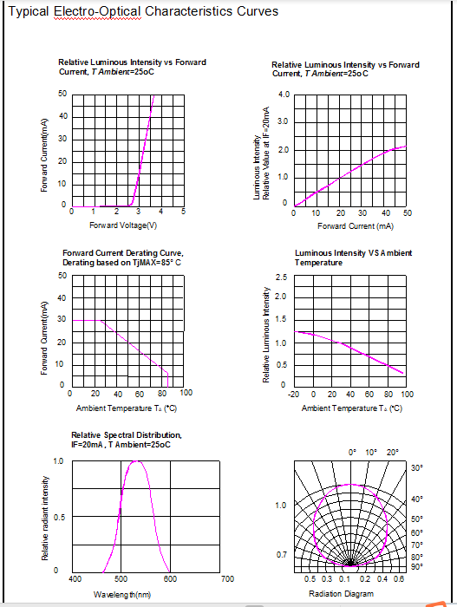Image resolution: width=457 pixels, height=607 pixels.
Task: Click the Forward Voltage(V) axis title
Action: click(123, 225)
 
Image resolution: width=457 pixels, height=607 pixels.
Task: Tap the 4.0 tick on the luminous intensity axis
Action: click(284, 95)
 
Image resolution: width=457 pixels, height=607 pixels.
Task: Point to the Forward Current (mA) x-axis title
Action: click(356, 226)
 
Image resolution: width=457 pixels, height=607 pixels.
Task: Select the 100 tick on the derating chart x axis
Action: click(186, 393)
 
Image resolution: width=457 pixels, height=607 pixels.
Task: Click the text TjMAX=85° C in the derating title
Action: click(153, 263)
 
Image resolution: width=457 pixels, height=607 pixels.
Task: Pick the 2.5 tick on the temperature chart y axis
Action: click(281, 277)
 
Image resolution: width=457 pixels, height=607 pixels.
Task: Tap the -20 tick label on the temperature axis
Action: click(293, 394)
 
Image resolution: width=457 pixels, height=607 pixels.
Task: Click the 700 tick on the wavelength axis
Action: click(228, 578)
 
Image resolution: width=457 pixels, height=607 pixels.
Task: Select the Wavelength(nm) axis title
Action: click(122, 594)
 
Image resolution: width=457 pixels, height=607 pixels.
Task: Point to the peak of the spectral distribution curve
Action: click(136, 460)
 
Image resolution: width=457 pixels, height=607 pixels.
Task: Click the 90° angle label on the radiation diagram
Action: click(417, 566)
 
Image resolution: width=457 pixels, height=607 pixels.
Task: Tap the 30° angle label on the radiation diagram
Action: click(417, 467)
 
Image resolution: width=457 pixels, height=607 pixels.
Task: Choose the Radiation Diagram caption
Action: click(341, 593)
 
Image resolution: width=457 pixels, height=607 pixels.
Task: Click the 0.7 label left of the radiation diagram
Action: click(282, 555)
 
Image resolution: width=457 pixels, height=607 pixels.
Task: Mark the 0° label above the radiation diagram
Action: click(352, 452)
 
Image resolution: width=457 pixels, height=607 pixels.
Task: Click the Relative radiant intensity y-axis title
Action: click(45, 518)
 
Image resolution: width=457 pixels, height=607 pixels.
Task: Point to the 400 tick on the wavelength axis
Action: click(75, 578)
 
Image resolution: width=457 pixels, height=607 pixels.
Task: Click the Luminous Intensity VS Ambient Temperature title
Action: click(353, 258)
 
